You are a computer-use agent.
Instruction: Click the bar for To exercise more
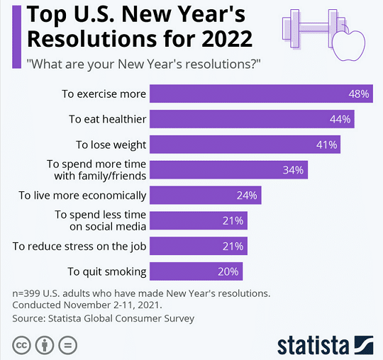click(x=261, y=94)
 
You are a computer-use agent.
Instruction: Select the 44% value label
click(x=340, y=119)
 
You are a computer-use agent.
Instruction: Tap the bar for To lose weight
click(x=245, y=145)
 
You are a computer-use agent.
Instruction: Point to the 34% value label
click(x=293, y=170)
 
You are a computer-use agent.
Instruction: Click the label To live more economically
click(x=82, y=195)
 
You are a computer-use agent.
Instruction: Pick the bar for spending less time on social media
click(x=199, y=220)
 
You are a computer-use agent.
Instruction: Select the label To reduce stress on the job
click(x=79, y=246)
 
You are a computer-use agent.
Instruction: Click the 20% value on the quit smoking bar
click(x=228, y=271)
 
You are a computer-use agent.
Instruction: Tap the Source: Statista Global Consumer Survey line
click(x=103, y=318)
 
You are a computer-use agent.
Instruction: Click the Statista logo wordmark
click(x=313, y=345)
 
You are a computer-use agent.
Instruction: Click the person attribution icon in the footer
click(x=44, y=345)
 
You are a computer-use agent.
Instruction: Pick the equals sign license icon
click(x=67, y=345)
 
